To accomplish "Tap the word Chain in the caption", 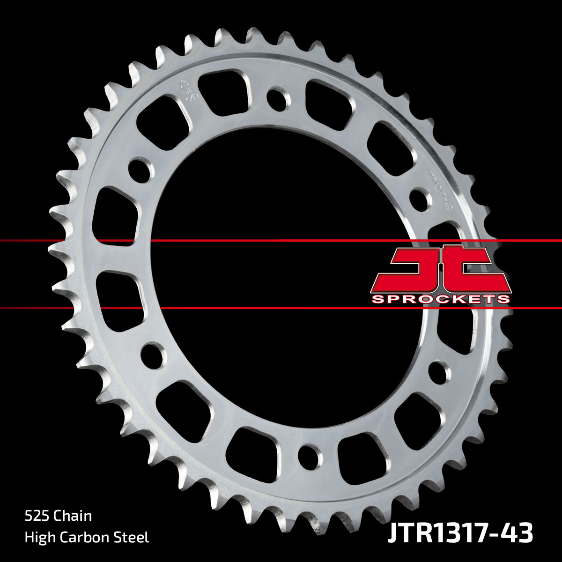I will click(73, 516).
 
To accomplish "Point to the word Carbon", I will click(88, 537).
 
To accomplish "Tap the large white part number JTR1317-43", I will click(460, 533).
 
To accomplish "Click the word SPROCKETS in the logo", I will click(440, 299).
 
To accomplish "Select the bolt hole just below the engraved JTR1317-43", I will click(420, 199).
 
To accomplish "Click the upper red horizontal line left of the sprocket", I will click(28, 241).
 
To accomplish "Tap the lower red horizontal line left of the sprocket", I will click(28, 308).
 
